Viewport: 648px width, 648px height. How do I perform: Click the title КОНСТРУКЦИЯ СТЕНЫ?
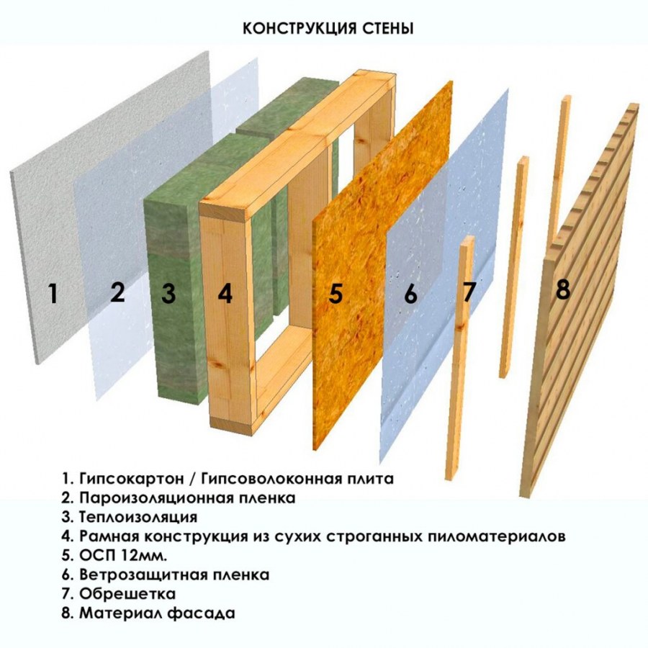click(x=328, y=28)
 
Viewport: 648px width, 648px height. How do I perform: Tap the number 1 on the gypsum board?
click(x=52, y=294)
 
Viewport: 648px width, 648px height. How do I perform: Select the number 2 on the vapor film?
click(x=118, y=292)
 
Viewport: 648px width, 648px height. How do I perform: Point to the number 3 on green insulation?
click(x=168, y=293)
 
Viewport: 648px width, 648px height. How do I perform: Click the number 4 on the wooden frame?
click(x=225, y=294)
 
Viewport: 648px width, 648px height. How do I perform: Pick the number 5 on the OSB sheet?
click(x=336, y=294)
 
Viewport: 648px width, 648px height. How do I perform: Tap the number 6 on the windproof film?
click(x=410, y=294)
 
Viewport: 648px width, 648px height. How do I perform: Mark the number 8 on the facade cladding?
click(x=563, y=289)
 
